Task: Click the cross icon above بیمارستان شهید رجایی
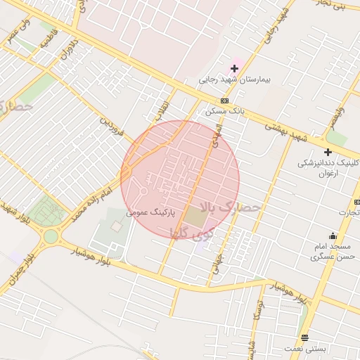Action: tap(234, 68)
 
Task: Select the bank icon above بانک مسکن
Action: tap(224, 100)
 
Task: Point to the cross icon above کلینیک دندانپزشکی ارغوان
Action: tap(327, 151)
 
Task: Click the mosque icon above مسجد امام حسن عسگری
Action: tap(332, 236)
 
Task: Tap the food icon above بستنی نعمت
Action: tap(304, 337)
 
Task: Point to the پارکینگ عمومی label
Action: tap(150, 211)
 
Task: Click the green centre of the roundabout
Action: tap(51, 236)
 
